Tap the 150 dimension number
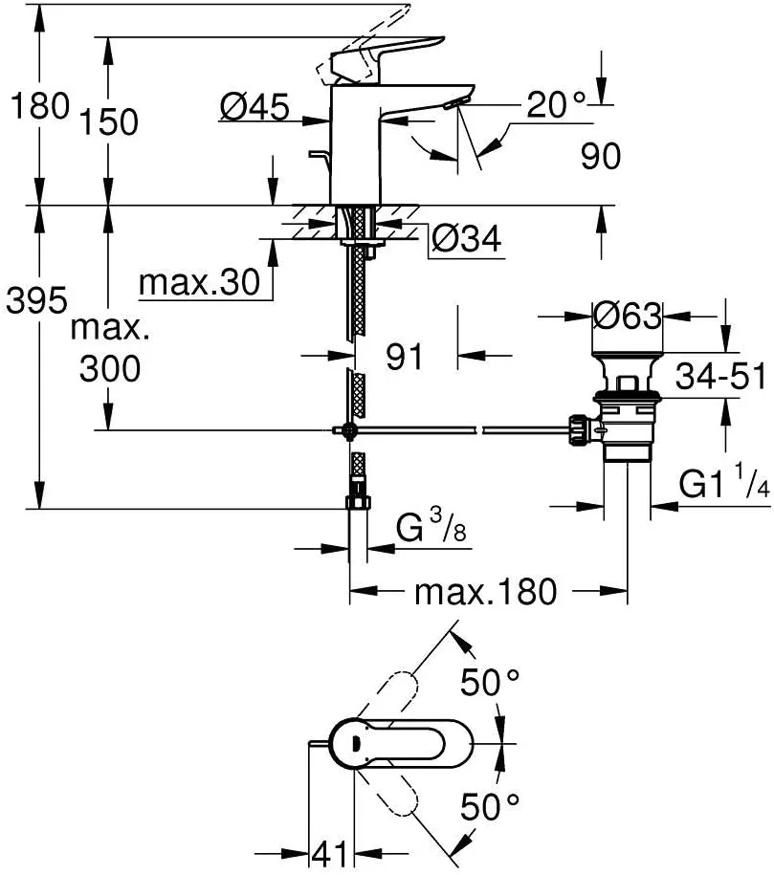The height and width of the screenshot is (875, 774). click(x=108, y=121)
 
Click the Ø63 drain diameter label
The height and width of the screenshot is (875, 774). click(x=628, y=315)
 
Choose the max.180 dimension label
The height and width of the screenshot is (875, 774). click(x=485, y=592)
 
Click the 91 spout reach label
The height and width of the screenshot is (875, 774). click(x=405, y=357)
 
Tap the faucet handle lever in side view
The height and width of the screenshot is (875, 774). click(x=392, y=53)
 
